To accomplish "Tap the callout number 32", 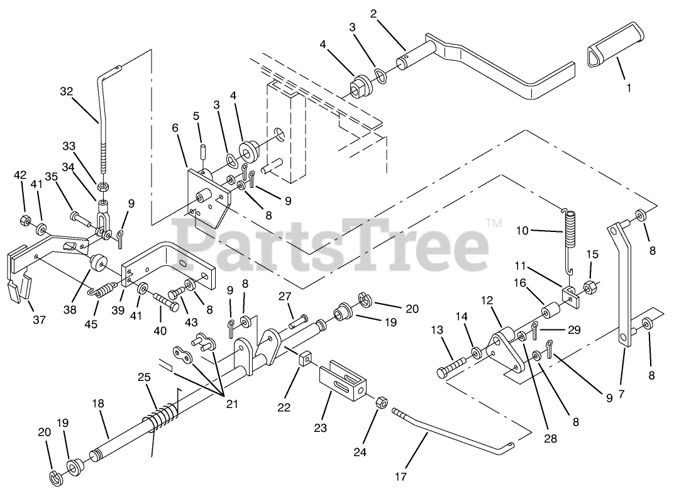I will coord(67,91).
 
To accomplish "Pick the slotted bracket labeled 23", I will coord(343,381).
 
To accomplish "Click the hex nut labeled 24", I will coord(380,402).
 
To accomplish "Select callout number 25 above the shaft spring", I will coord(145,377).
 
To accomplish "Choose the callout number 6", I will coord(175,128).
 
